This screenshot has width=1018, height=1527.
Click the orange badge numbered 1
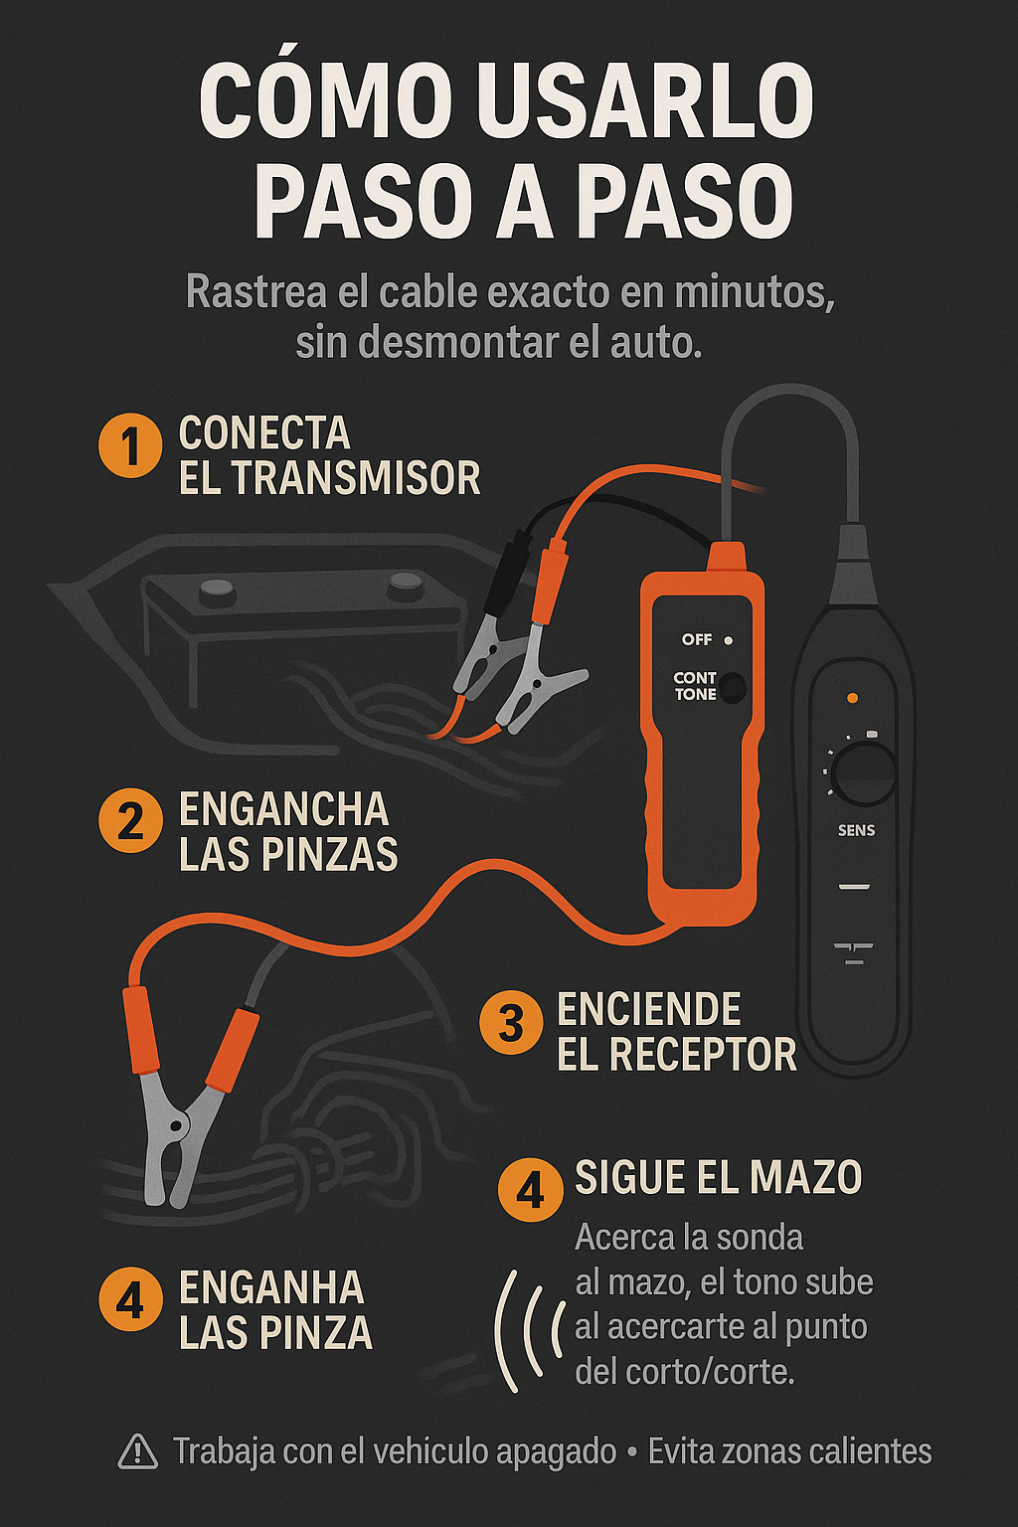130,447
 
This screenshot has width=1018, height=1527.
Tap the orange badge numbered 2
130,821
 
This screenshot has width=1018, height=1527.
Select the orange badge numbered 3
511,1023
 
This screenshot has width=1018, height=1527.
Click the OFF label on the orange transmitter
696,639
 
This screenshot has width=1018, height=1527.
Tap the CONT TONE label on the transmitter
695,686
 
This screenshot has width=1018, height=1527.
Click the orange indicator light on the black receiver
851,698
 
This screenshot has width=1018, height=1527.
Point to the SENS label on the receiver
856,830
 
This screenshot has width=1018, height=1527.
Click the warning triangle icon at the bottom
138,1450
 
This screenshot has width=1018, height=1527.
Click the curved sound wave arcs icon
530,1331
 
